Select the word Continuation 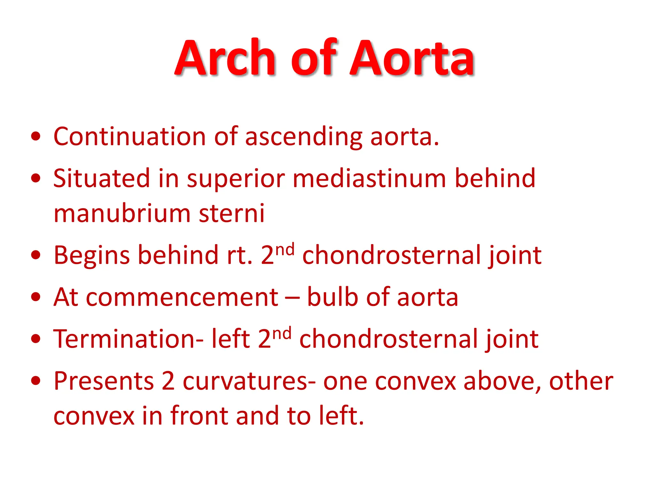(130, 136)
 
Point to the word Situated (101, 178)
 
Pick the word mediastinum (369, 178)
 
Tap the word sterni (232, 213)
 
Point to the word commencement (182, 297)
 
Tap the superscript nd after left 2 (283, 333)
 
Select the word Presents (104, 381)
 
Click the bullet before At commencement (36, 297)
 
